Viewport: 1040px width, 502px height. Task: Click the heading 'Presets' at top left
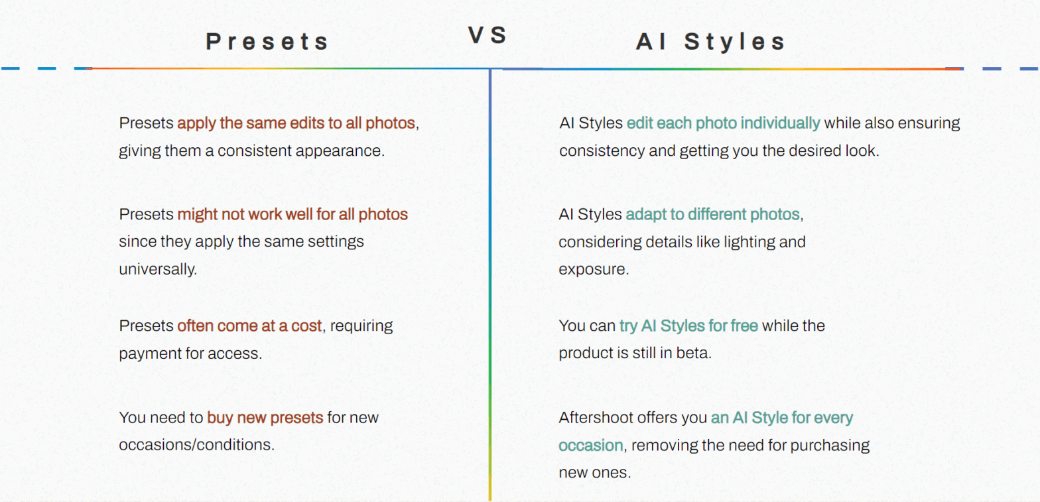tap(267, 42)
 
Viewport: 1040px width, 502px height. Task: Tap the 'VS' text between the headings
tap(488, 35)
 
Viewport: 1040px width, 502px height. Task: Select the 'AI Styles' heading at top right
tap(711, 42)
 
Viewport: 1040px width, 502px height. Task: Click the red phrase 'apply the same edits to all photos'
tap(296, 123)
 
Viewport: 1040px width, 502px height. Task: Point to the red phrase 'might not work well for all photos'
tap(292, 215)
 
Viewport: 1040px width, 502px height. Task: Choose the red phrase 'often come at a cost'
tap(250, 326)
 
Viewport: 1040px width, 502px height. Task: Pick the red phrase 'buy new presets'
tap(265, 418)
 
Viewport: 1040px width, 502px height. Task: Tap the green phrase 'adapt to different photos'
tap(712, 215)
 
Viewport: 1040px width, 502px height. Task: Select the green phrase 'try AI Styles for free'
tap(688, 326)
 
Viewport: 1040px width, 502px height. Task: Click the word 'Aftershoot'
tap(599, 418)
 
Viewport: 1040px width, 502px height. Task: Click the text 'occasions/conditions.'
tap(196, 444)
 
